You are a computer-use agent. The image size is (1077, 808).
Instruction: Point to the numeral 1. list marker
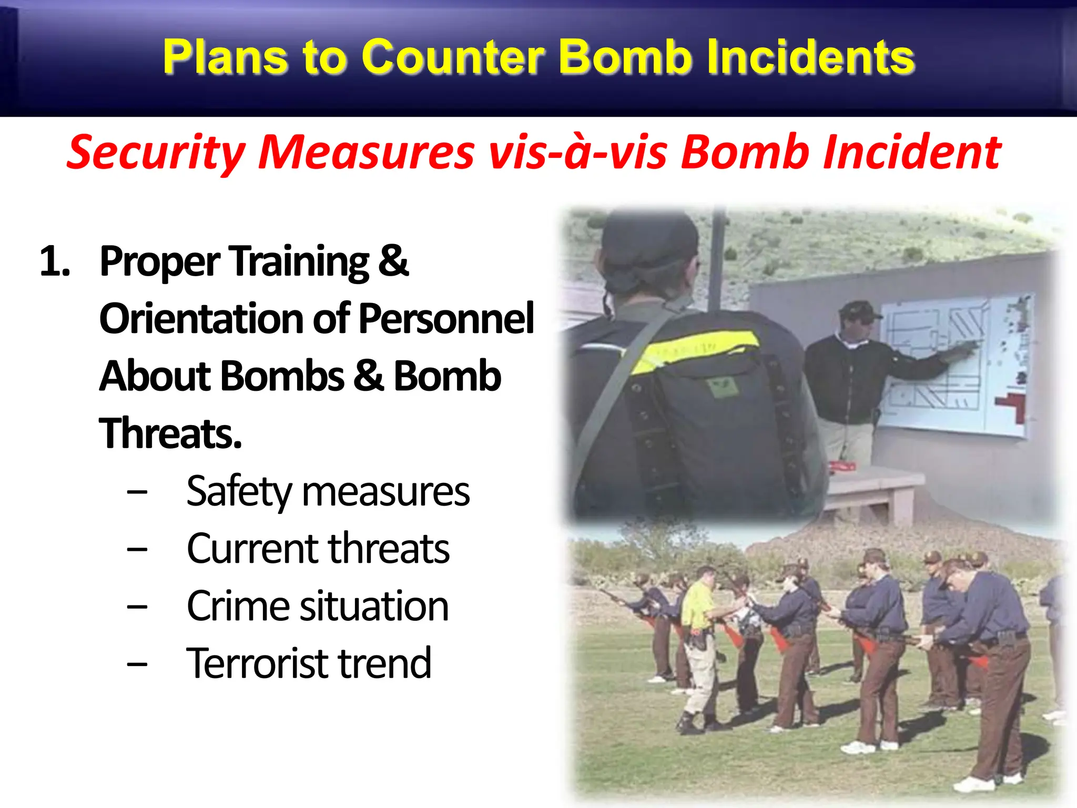tap(55, 261)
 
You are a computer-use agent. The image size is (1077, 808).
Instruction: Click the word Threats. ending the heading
tap(170, 433)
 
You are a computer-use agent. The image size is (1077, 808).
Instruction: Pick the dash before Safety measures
tap(137, 492)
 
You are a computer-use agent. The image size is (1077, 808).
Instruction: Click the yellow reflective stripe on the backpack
tap(694, 350)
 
